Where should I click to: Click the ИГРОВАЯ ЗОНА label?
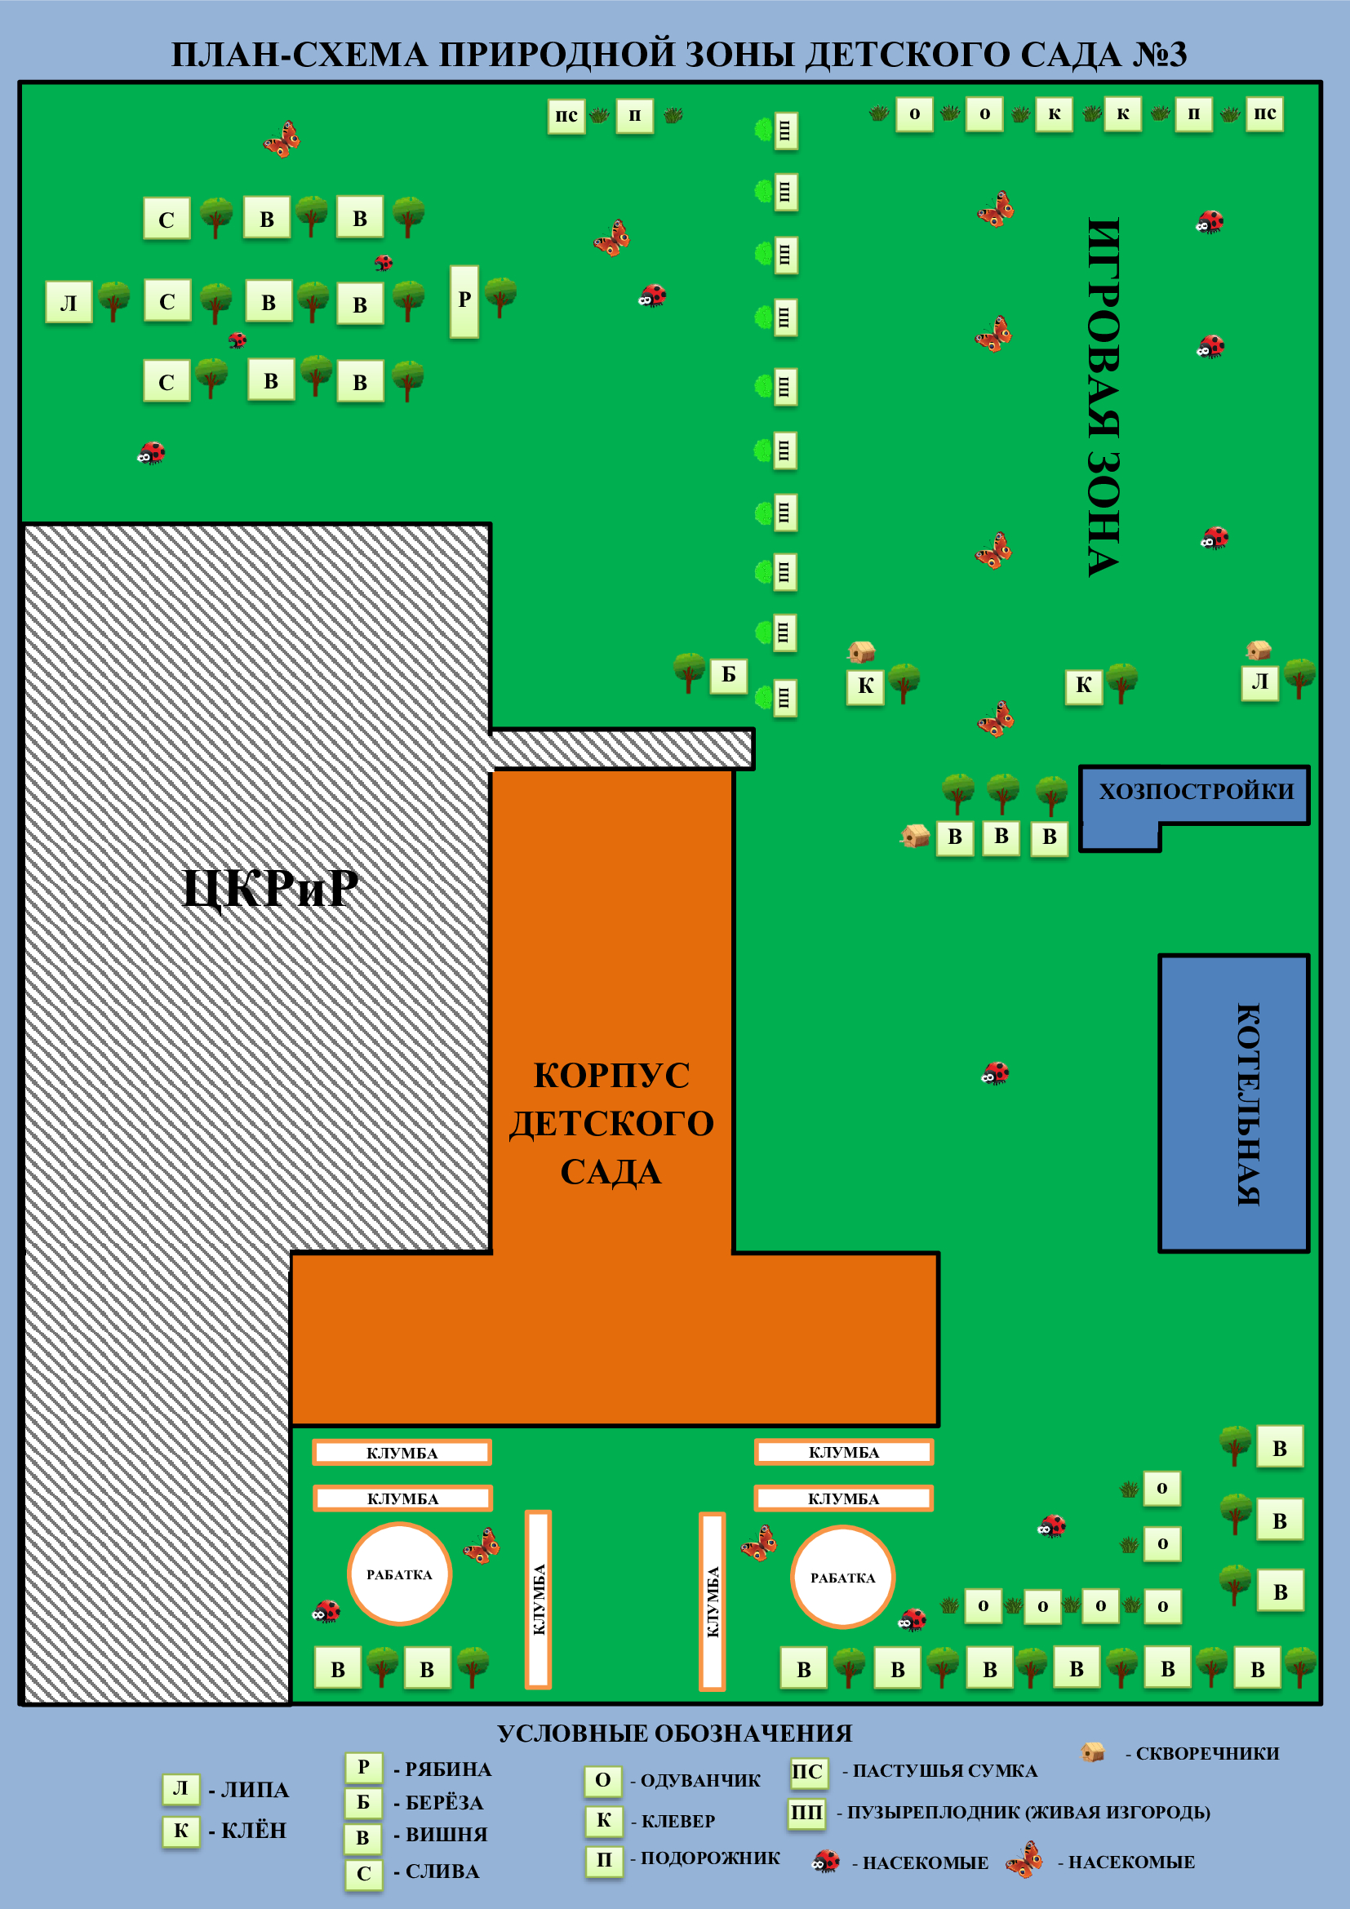pyautogui.click(x=1104, y=397)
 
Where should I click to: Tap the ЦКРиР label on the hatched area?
pyautogui.click(x=270, y=888)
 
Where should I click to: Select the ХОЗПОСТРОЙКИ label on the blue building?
pyautogui.click(x=1197, y=791)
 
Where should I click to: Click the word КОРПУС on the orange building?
pyautogui.click(x=611, y=1074)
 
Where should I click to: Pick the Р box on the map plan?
pyautogui.click(x=464, y=301)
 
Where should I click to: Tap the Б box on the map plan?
pyautogui.click(x=728, y=674)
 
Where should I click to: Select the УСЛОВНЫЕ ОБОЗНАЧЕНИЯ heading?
pyautogui.click(x=675, y=1733)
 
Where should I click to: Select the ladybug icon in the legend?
pyautogui.click(x=826, y=1861)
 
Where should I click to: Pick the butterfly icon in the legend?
pyautogui.click(x=1025, y=1859)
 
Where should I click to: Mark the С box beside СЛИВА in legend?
pyautogui.click(x=363, y=1873)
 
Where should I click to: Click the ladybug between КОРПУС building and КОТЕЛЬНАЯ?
pyautogui.click(x=995, y=1072)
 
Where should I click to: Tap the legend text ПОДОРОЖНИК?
pyautogui.click(x=710, y=1858)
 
